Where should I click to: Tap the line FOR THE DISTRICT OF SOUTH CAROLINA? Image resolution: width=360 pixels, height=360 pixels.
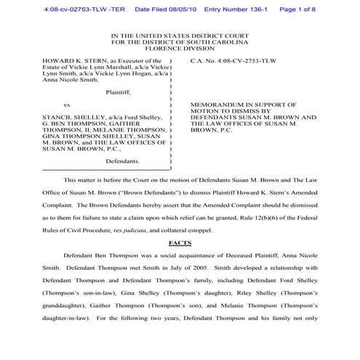click(180, 43)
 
